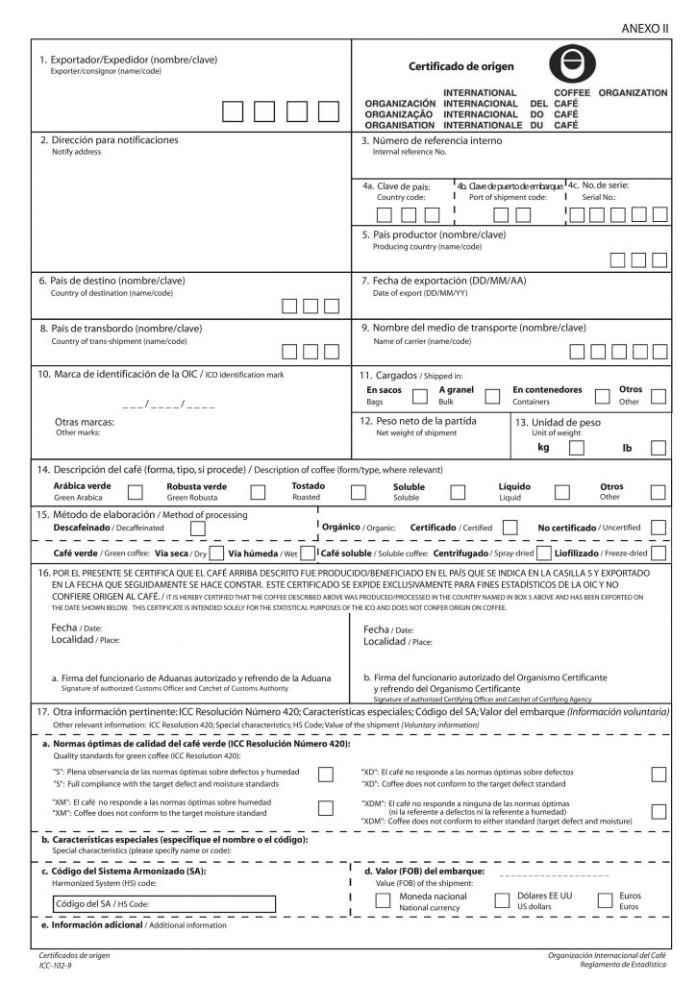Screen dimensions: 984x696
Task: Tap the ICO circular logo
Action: [x=573, y=66]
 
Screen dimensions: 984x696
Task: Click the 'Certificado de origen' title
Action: [x=461, y=67]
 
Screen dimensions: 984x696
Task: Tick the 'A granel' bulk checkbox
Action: [x=492, y=396]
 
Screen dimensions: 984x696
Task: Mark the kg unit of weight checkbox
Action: [x=576, y=447]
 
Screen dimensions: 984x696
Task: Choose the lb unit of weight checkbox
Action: [x=659, y=447]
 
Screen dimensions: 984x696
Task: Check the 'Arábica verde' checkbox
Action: [x=136, y=492]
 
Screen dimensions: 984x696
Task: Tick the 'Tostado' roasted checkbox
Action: [x=359, y=492]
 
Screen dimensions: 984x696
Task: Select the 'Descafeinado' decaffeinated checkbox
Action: [x=198, y=528]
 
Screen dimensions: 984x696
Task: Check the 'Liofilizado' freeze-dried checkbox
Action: [x=659, y=553]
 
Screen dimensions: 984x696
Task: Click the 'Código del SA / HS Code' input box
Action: [x=164, y=903]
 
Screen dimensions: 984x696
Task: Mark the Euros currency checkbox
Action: [x=605, y=900]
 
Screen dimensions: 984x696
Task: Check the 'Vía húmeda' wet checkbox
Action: [x=306, y=553]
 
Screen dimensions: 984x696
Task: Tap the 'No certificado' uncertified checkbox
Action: [x=659, y=528]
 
